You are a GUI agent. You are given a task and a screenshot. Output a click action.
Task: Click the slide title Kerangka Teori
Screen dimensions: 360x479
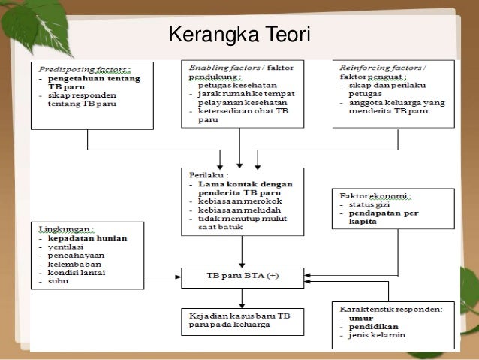239,35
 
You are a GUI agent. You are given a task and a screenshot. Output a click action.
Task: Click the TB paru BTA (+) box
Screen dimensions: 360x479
242,276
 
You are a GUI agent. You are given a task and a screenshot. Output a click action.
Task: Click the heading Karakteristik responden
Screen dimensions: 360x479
390,308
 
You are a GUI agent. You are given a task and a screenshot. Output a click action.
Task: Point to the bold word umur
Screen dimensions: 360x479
360,317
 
